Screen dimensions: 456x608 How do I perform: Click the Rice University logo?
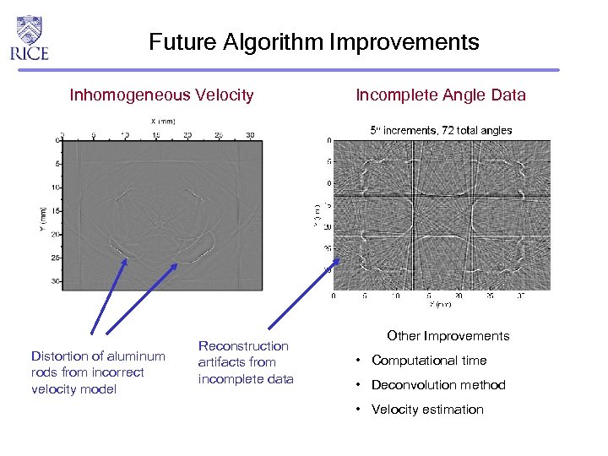[30, 37]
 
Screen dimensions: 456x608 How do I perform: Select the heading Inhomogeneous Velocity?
[161, 95]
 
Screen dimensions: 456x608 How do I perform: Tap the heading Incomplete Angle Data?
[440, 95]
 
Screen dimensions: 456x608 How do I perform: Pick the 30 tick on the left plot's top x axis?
[249, 134]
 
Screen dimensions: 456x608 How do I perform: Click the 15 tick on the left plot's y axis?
[57, 210]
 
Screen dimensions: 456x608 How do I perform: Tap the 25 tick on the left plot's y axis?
[57, 258]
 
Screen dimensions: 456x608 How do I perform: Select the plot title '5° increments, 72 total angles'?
[442, 130]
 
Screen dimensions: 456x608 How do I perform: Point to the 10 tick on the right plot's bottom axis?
[396, 296]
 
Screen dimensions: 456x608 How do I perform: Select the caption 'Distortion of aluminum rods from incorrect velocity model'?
[86, 372]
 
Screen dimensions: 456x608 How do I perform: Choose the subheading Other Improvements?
[448, 336]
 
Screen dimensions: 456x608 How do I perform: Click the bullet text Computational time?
[429, 361]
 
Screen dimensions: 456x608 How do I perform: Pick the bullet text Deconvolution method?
[438, 385]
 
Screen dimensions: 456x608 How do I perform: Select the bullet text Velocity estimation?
[427, 410]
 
